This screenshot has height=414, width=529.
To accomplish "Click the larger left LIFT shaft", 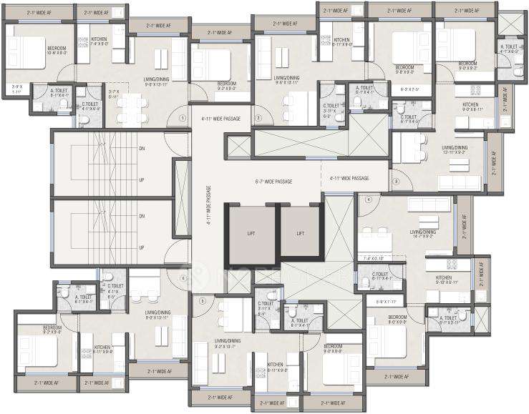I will tap(251, 233).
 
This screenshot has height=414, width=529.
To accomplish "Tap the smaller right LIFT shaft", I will tap(301, 232).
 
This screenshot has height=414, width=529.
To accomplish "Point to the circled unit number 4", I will tap(369, 200).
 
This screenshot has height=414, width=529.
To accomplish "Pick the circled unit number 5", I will tap(203, 301).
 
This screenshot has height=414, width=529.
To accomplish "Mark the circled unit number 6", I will tap(183, 279).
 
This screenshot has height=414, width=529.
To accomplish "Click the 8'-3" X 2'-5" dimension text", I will tap(409, 89).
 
